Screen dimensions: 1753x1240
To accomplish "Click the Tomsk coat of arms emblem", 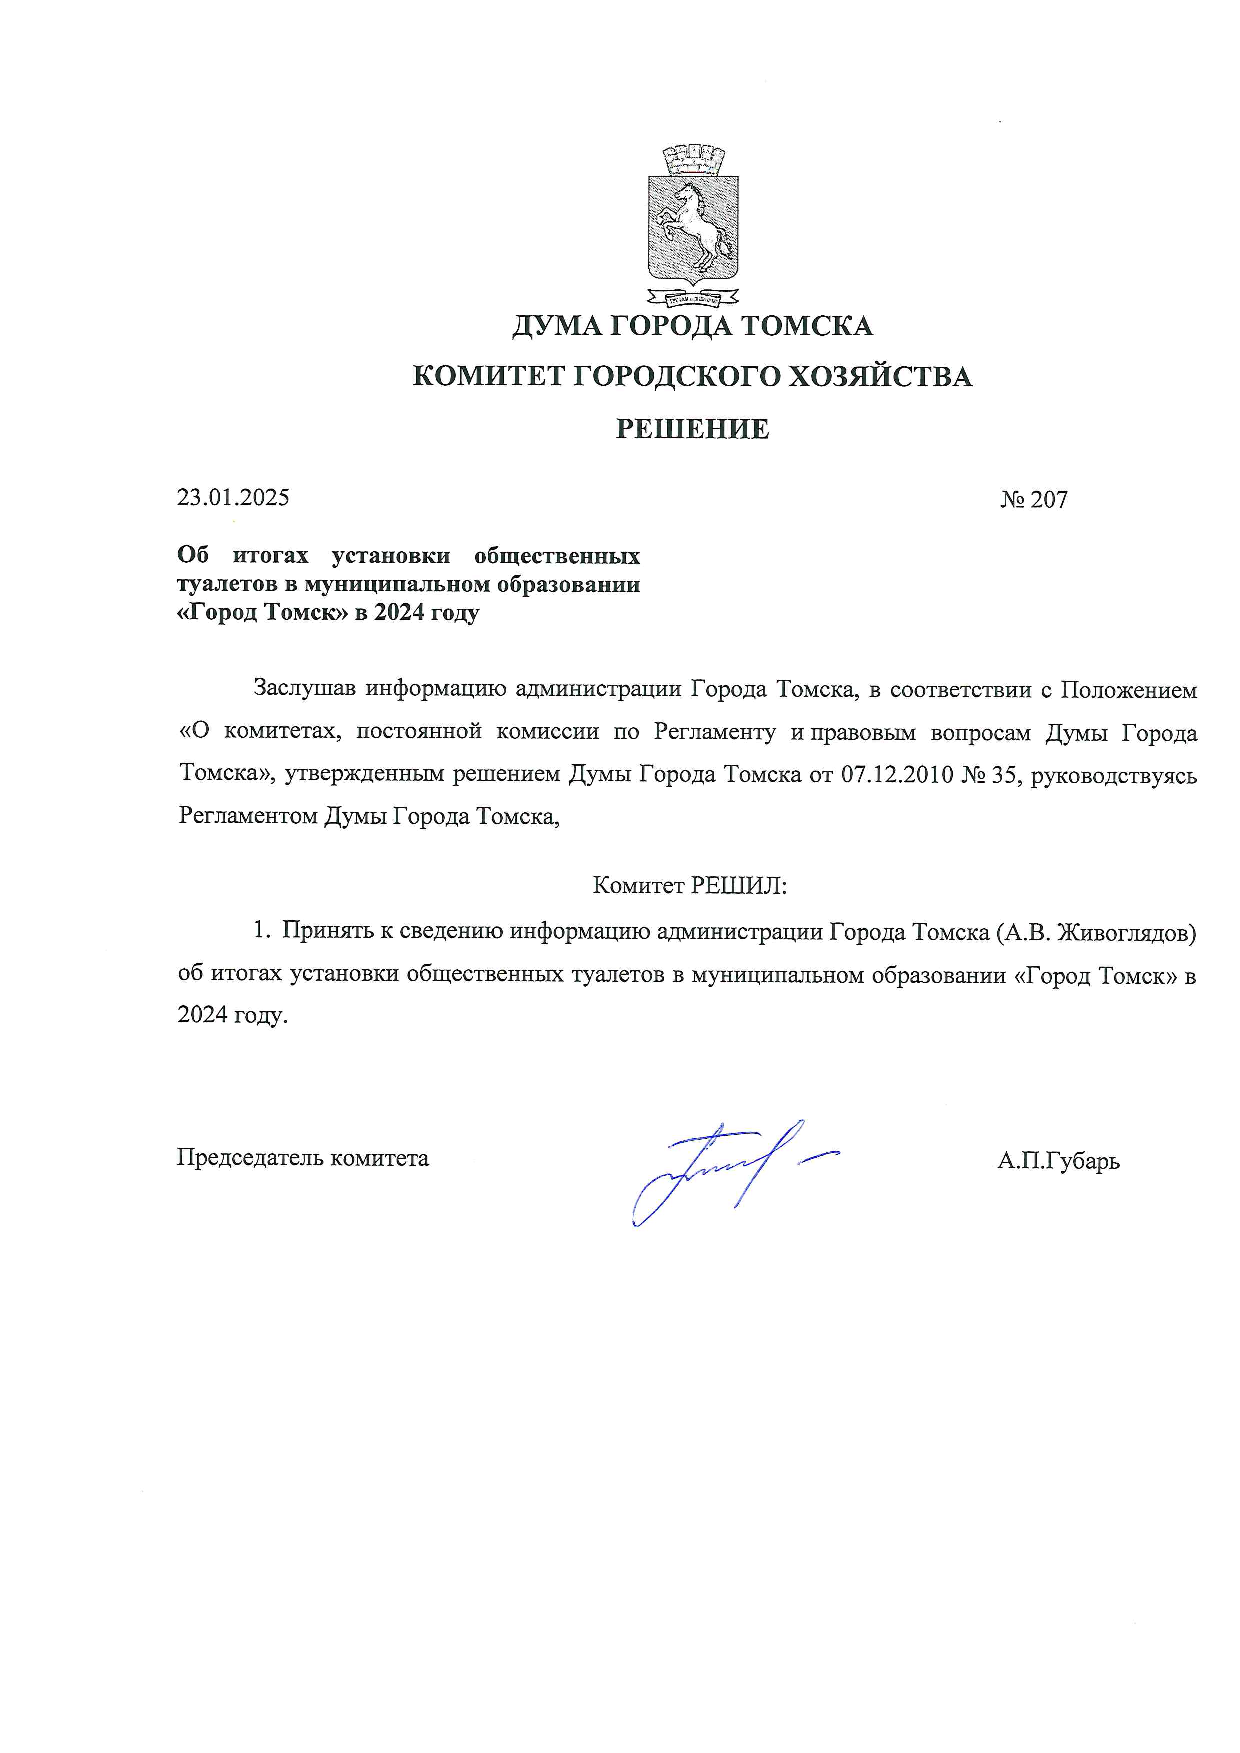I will click(693, 225).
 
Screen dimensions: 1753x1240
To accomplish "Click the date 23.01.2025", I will click(233, 497).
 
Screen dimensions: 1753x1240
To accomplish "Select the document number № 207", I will click(1034, 499).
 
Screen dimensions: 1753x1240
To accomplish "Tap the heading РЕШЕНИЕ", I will click(692, 429).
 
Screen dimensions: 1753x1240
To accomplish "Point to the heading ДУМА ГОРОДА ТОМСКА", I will click(692, 326).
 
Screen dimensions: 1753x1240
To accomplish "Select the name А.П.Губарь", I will click(1058, 1160).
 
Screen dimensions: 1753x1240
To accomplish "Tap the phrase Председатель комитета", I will click(303, 1158).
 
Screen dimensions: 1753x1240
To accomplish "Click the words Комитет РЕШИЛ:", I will click(690, 885).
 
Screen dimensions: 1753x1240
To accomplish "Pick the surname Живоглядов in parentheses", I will click(1123, 932).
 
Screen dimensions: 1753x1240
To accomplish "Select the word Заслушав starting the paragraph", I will click(304, 689).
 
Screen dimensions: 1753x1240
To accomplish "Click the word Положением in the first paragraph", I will click(1128, 690).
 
